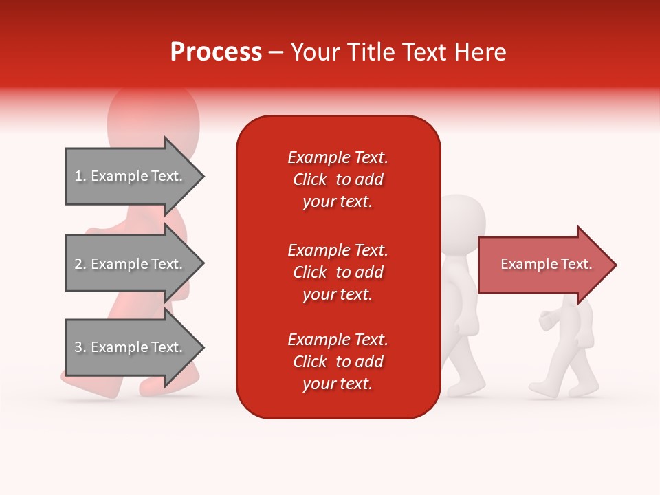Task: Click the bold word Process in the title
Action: click(216, 52)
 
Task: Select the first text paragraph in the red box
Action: click(338, 179)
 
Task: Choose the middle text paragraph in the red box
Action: click(338, 272)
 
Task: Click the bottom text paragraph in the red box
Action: click(338, 362)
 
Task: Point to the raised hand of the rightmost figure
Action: click(547, 320)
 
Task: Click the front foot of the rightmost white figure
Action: click(543, 392)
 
